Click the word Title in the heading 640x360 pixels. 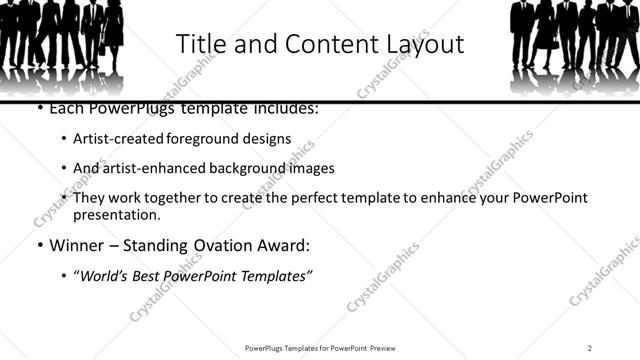(199, 44)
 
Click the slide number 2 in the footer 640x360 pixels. (590, 347)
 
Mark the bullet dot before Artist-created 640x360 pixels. (64, 140)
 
